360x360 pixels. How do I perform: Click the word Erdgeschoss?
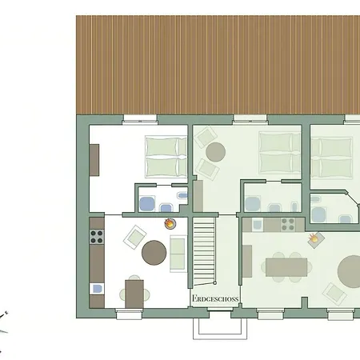pyautogui.click(x=215, y=298)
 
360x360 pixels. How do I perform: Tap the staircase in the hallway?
pyautogui.click(x=204, y=251)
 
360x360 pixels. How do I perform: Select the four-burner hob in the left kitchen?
pyautogui.click(x=97, y=237)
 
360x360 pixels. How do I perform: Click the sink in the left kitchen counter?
pyautogui.click(x=97, y=289)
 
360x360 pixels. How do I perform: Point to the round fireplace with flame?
pyautogui.click(x=170, y=223)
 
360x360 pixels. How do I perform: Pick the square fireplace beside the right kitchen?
pyautogui.click(x=315, y=239)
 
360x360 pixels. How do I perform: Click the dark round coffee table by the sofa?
pyautogui.click(x=154, y=253)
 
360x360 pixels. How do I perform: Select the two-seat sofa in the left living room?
pyautogui.click(x=178, y=254)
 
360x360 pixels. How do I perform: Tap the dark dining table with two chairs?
pyautogui.click(x=134, y=294)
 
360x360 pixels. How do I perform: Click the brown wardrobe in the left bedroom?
pyautogui.click(x=94, y=160)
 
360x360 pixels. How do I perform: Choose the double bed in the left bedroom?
pyautogui.click(x=166, y=157)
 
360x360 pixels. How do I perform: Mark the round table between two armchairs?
pyautogui.click(x=215, y=152)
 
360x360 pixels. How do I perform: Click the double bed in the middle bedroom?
pyautogui.click(x=280, y=153)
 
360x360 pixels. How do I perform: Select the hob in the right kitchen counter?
pyautogui.click(x=288, y=225)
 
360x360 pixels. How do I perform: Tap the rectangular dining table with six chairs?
pyautogui.click(x=286, y=267)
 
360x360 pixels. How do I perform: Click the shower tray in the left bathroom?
pyautogui.click(x=147, y=204)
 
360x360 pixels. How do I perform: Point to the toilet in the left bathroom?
pyautogui.click(x=166, y=207)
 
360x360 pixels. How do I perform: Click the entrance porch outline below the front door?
pyautogui.click(x=220, y=329)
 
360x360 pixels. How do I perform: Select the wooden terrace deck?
pyautogui.click(x=218, y=65)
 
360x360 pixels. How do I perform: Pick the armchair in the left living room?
pyautogui.click(x=134, y=237)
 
